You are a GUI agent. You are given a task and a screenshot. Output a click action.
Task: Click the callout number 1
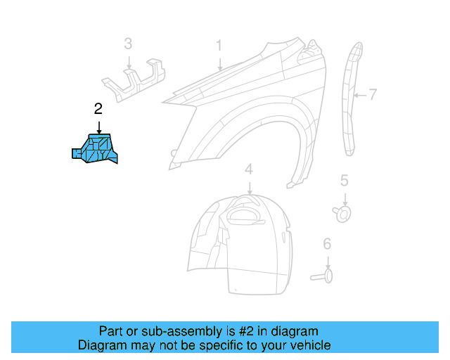219,46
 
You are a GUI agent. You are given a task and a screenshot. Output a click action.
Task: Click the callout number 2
98,108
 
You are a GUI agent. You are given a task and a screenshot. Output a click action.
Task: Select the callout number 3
128,44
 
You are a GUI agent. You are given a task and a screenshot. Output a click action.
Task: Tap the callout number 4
248,169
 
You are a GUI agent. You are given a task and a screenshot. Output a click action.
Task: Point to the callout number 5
344,181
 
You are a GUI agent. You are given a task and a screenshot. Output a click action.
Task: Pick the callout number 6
327,244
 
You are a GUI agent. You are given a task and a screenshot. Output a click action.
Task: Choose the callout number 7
373,94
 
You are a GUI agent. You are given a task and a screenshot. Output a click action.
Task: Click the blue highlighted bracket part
96,148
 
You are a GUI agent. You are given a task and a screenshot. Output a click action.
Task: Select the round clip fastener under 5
343,212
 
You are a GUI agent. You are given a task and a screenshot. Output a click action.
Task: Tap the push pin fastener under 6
323,276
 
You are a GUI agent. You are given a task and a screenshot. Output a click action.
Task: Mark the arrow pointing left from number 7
359,94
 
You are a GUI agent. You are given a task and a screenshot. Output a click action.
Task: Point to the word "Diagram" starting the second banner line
100,345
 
